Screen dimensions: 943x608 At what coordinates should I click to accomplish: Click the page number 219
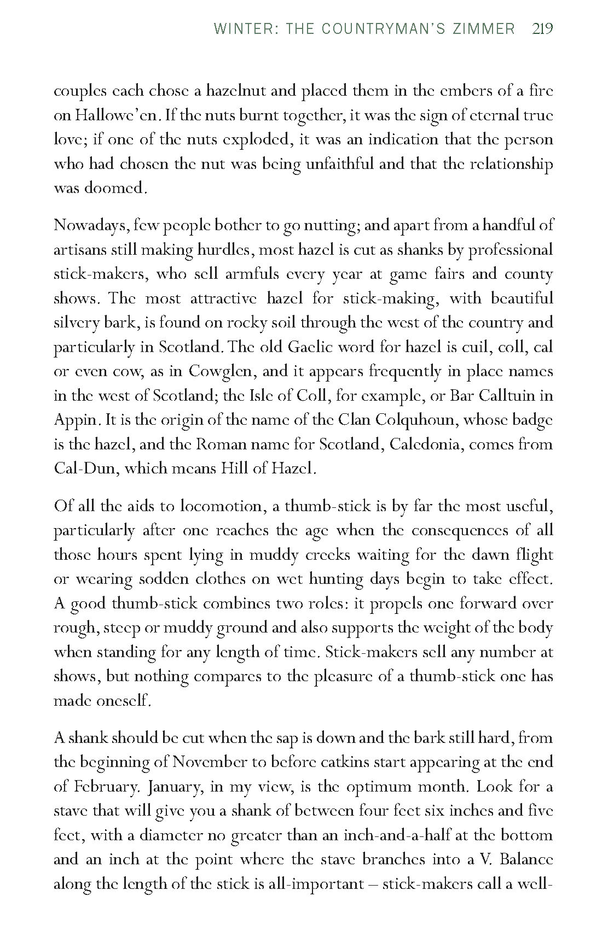(x=542, y=28)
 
